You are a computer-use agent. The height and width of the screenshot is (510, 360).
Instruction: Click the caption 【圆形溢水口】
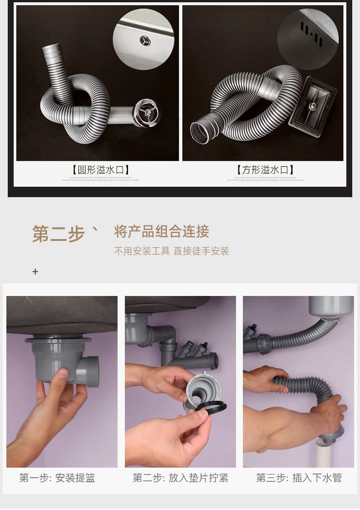101,170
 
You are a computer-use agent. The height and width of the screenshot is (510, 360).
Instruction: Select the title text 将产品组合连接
161,231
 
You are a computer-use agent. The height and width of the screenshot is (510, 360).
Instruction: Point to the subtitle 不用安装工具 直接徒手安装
171,251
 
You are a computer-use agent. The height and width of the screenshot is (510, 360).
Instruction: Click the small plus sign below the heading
35,272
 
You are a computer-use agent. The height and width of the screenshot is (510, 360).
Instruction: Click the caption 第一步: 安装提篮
57,478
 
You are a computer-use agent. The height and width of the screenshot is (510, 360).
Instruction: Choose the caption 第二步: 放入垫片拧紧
180,478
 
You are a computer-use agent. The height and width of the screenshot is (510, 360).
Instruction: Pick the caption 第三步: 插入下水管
299,478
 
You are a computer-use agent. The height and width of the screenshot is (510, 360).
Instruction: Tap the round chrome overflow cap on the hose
147,112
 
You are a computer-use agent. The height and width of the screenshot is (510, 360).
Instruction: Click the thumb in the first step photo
60,379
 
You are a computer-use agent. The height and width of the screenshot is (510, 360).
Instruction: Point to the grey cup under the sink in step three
331,306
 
